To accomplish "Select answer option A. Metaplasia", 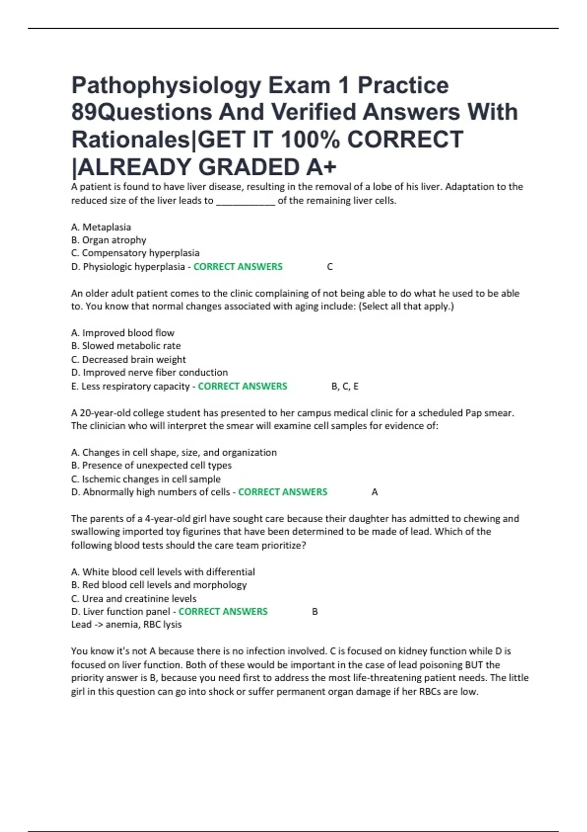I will point(101,227).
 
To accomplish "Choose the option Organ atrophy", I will point(109,240).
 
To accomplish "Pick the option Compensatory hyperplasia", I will point(135,253).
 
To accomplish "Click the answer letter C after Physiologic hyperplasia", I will point(330,267).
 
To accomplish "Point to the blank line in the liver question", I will point(246,201).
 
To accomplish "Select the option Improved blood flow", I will point(123,333).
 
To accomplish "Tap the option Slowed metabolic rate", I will point(126,346).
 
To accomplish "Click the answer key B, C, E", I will point(345,387).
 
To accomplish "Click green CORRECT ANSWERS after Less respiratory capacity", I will point(243,387).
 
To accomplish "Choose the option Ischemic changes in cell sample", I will point(146,479).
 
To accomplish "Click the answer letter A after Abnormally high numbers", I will point(375,492).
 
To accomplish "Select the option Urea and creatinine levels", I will point(134,599).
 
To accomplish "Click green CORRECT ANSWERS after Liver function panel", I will point(223,612).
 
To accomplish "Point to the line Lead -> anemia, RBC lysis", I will point(126,624).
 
